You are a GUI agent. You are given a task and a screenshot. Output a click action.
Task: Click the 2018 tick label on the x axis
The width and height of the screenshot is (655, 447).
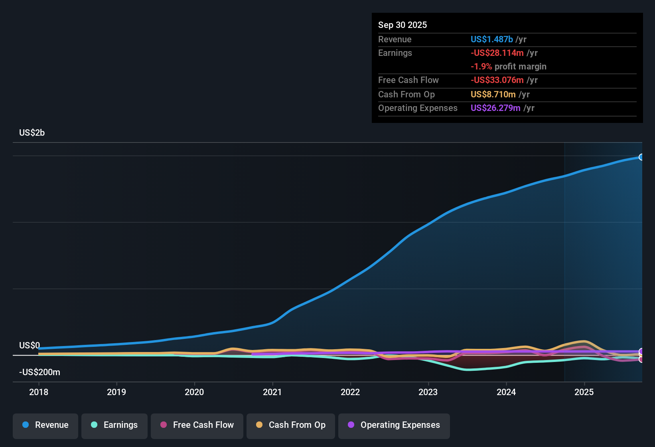39,392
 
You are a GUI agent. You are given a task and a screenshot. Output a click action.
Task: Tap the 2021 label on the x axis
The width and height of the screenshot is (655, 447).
272,392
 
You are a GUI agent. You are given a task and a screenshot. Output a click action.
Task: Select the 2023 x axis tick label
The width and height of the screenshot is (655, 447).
428,392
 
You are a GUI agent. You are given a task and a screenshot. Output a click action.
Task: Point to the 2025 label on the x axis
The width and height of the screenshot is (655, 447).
584,392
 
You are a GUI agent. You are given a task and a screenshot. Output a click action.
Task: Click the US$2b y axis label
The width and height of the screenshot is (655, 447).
32,133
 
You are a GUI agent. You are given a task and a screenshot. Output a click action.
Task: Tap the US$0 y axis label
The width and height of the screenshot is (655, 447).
30,345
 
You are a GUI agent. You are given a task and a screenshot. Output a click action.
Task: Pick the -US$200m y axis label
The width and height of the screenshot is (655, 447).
39,372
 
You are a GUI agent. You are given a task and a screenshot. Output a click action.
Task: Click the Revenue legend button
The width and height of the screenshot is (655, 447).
45,425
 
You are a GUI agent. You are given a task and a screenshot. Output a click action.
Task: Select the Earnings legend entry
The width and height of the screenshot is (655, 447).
114,425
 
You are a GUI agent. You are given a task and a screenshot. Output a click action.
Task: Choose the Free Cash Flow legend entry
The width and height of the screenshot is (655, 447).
197,425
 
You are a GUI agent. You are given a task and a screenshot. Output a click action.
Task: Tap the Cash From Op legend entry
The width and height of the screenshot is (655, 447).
291,425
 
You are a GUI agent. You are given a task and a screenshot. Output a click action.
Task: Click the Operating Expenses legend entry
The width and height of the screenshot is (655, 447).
394,425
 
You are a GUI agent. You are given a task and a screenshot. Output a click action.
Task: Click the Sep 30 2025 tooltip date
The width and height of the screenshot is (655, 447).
402,25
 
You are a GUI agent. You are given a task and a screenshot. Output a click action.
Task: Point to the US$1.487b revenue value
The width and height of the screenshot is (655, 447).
491,39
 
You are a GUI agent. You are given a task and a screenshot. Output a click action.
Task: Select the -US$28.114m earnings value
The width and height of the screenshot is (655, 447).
497,53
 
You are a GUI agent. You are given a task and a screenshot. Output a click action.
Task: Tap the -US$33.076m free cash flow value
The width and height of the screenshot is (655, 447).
497,80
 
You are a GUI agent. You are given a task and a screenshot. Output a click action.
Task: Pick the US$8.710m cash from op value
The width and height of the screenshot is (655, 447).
493,94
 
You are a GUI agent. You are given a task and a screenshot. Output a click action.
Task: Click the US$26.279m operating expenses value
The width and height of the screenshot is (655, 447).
495,108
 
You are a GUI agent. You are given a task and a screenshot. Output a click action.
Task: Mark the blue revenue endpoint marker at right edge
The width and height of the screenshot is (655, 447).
641,157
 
